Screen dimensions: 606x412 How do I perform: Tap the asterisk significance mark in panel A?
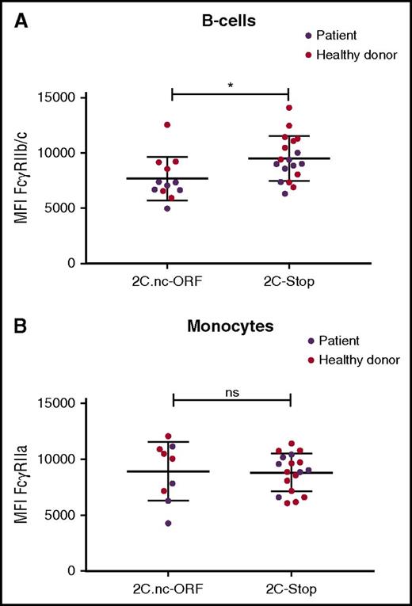point(230,84)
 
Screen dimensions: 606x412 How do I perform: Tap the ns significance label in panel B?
point(231,390)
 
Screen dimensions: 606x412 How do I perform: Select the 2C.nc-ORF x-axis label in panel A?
point(173,284)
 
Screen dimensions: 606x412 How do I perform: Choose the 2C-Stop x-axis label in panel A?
point(289,284)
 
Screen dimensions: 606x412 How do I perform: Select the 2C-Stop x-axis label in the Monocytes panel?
point(289,589)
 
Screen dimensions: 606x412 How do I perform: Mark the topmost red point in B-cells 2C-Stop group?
point(289,108)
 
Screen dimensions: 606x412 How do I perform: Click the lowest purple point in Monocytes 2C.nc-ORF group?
point(168,523)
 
